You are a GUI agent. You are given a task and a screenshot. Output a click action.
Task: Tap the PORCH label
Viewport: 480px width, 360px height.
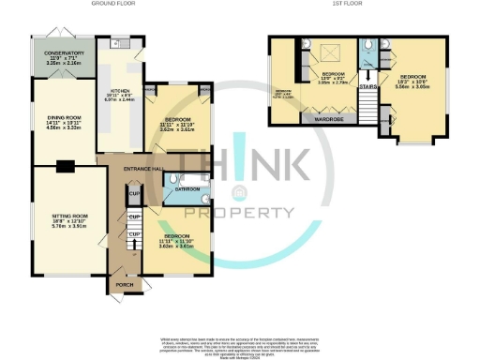click(x=122, y=282)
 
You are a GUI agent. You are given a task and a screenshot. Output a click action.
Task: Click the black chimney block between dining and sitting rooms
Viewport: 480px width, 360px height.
click(x=65, y=168)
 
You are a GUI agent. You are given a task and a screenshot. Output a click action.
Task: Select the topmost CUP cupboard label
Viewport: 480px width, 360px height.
click(x=134, y=194)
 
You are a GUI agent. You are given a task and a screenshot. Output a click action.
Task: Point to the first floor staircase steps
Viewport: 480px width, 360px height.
click(x=377, y=116)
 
